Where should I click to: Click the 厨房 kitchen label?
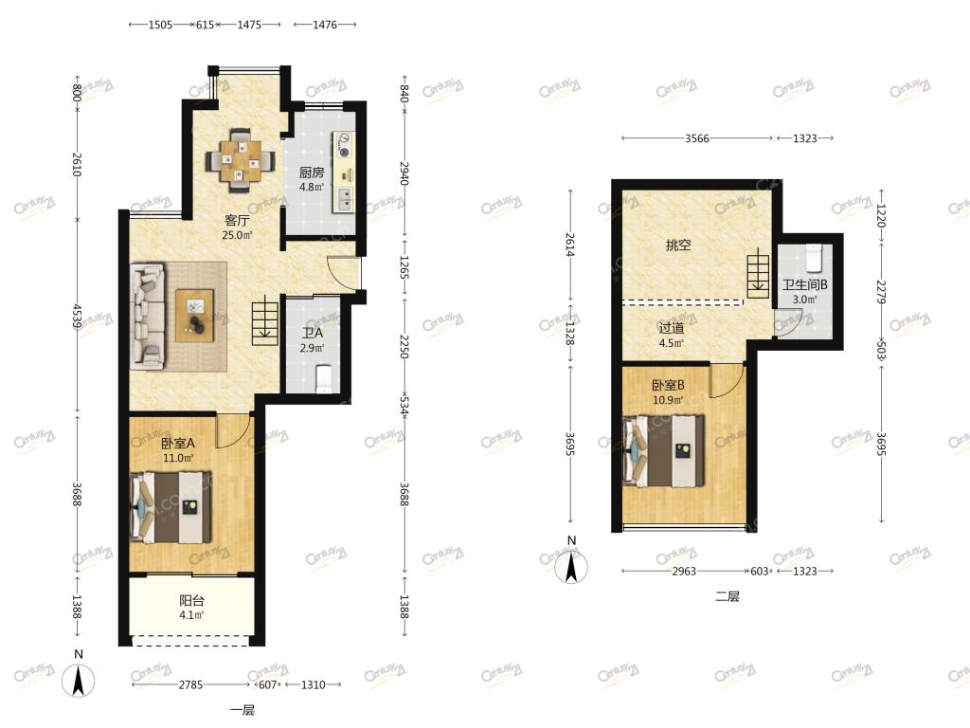click(311, 173)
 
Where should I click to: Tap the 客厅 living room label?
click(236, 220)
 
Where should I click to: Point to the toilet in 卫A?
click(324, 379)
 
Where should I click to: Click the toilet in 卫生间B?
click(814, 258)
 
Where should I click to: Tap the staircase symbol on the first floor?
click(265, 320)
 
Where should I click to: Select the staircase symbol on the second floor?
click(759, 273)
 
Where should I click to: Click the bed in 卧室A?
click(171, 508)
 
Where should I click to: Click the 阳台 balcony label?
click(191, 600)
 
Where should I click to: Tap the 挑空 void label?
click(678, 246)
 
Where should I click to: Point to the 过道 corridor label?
click(672, 328)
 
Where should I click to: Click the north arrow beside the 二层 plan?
click(571, 567)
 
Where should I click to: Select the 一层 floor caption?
click(242, 710)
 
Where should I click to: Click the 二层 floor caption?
click(727, 597)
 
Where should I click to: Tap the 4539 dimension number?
click(77, 316)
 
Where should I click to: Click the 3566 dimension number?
click(696, 138)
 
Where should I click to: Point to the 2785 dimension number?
click(190, 684)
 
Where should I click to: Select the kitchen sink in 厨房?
click(343, 199)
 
